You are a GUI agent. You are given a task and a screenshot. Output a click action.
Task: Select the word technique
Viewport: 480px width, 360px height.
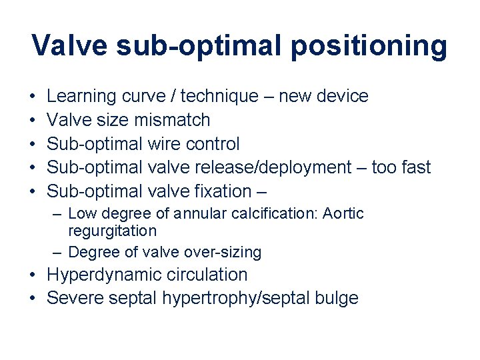point(219,97)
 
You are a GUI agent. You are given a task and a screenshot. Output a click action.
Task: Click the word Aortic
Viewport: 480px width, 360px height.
point(342,214)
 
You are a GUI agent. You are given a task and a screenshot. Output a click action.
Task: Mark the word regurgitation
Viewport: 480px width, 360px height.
point(113,231)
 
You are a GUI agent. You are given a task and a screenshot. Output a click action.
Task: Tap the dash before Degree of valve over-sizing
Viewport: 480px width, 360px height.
point(58,253)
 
